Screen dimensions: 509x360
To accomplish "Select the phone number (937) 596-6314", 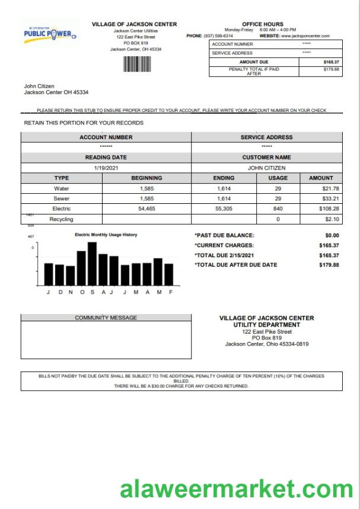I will (219, 36).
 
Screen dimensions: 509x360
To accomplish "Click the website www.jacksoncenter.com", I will (305, 36).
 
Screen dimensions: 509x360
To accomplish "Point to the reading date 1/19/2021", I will (106, 168).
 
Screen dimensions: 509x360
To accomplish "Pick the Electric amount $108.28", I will (327, 209).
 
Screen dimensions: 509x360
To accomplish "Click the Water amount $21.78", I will (327, 188).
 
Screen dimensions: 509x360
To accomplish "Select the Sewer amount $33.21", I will (327, 199).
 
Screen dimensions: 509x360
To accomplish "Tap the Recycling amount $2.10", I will (330, 219).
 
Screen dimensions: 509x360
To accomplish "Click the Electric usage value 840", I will (278, 209).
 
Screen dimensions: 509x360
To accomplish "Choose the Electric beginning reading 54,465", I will (146, 209).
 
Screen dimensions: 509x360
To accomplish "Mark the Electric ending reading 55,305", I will (224, 209).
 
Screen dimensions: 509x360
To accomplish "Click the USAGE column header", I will (278, 178).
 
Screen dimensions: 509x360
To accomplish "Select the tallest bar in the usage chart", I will (92, 264).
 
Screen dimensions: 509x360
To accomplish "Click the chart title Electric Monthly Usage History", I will (106, 235).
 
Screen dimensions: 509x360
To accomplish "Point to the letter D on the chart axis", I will (59, 292).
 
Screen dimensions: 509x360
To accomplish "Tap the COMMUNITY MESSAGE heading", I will (106, 318).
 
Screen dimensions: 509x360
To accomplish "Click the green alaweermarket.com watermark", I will (236, 489).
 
